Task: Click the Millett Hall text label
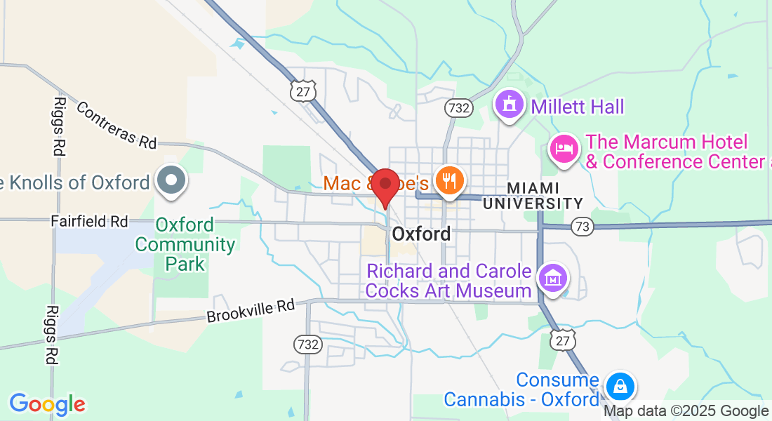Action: (x=577, y=107)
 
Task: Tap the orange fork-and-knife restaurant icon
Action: (x=448, y=181)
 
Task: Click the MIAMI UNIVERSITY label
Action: (x=533, y=196)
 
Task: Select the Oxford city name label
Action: (x=421, y=234)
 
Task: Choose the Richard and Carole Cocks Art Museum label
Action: (x=449, y=281)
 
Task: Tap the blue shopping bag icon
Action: (x=620, y=387)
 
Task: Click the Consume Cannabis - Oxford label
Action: (x=521, y=390)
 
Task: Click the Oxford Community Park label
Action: (x=185, y=244)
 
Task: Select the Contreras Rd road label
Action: (x=116, y=125)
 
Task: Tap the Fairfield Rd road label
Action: (x=89, y=221)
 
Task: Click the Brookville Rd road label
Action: (x=251, y=312)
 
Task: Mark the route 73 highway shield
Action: (x=582, y=226)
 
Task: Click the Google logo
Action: (x=47, y=404)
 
